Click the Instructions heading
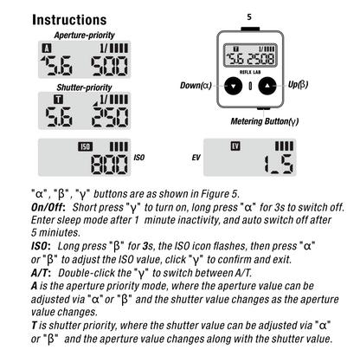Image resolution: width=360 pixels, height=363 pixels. click(69, 20)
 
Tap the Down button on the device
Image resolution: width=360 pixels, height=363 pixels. click(233, 86)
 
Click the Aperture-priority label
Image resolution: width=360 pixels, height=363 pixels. click(84, 36)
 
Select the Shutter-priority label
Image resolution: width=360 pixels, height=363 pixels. click(84, 88)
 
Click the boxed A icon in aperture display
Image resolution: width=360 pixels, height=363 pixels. click(47, 48)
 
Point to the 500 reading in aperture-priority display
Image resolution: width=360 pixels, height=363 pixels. click(109, 66)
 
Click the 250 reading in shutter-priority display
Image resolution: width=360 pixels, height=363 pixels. click(110, 117)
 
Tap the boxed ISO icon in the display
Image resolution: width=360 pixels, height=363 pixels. click(85, 146)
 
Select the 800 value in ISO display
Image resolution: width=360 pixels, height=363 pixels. click(109, 164)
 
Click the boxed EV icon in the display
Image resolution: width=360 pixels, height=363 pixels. click(235, 146)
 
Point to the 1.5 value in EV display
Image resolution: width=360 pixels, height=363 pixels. click(279, 164)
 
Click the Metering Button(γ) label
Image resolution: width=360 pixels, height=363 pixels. click(265, 121)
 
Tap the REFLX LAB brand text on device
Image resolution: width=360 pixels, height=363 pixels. click(250, 72)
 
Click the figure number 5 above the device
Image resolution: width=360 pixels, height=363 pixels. click(249, 17)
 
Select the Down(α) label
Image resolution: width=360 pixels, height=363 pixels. click(196, 86)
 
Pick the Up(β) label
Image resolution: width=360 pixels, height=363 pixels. click(298, 84)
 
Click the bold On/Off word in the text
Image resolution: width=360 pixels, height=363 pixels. click(48, 207)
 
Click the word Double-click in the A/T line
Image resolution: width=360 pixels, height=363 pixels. click(94, 273)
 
